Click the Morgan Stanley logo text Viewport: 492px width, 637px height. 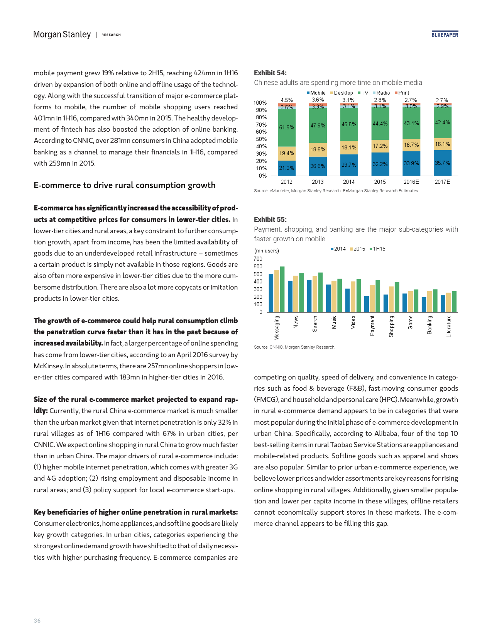click(62, 34)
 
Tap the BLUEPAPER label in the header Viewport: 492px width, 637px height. click(445, 35)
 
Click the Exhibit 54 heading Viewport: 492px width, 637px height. click(270, 73)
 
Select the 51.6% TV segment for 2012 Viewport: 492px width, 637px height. click(287, 127)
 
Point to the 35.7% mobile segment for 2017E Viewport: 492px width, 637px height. click(443, 163)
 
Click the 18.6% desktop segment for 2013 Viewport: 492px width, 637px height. click(318, 149)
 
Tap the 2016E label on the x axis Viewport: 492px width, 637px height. click(411, 182)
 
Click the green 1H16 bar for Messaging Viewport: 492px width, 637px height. click(282, 290)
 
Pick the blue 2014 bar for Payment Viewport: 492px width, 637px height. click(367, 304)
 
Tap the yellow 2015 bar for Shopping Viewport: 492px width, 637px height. click(391, 299)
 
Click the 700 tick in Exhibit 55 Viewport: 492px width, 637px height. click(258, 259)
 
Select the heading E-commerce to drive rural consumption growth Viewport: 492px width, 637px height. click(125, 185)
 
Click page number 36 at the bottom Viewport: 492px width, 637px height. click(37, 621)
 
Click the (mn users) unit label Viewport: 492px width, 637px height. click(267, 251)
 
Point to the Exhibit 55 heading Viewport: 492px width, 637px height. click(270, 220)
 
